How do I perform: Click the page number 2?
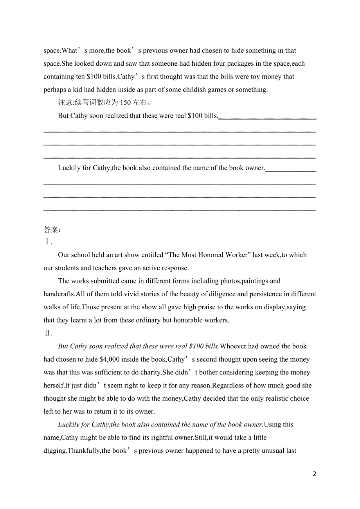(x=315, y=474)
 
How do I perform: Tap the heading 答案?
(x=51, y=229)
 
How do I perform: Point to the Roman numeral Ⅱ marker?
(x=47, y=333)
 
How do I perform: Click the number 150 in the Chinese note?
(x=126, y=103)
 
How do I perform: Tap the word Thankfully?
(x=84, y=451)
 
